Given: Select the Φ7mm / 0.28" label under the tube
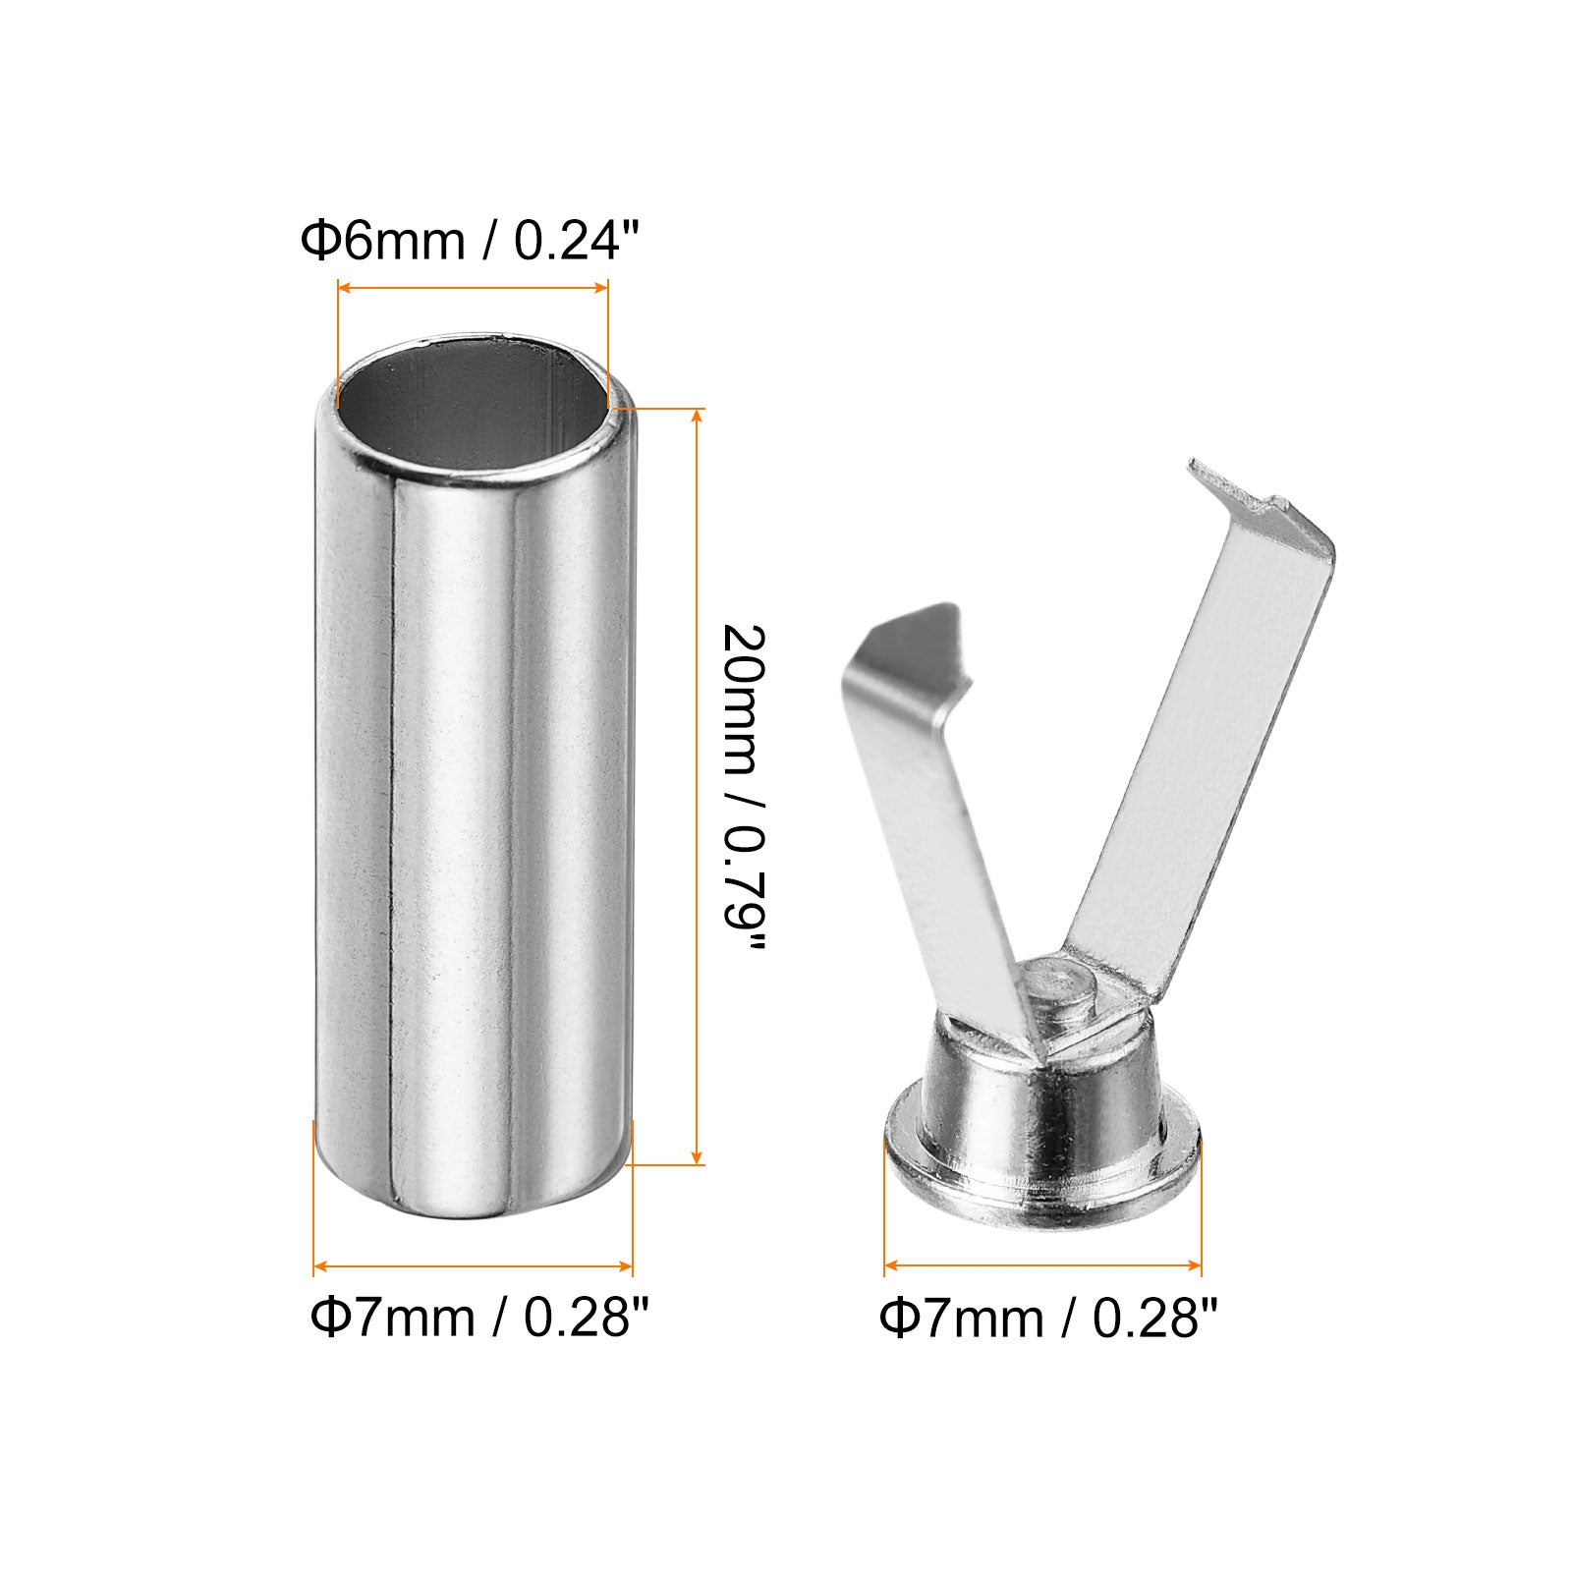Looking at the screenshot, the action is coord(480,1317).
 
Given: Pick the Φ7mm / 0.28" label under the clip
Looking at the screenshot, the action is coord(1048,1317).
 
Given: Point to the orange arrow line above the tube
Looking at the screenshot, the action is coord(473,287).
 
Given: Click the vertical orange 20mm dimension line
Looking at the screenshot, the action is coord(698,786).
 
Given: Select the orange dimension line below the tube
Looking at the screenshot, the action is coord(473,1267).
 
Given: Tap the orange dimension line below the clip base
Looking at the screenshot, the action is coord(1042,1266).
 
